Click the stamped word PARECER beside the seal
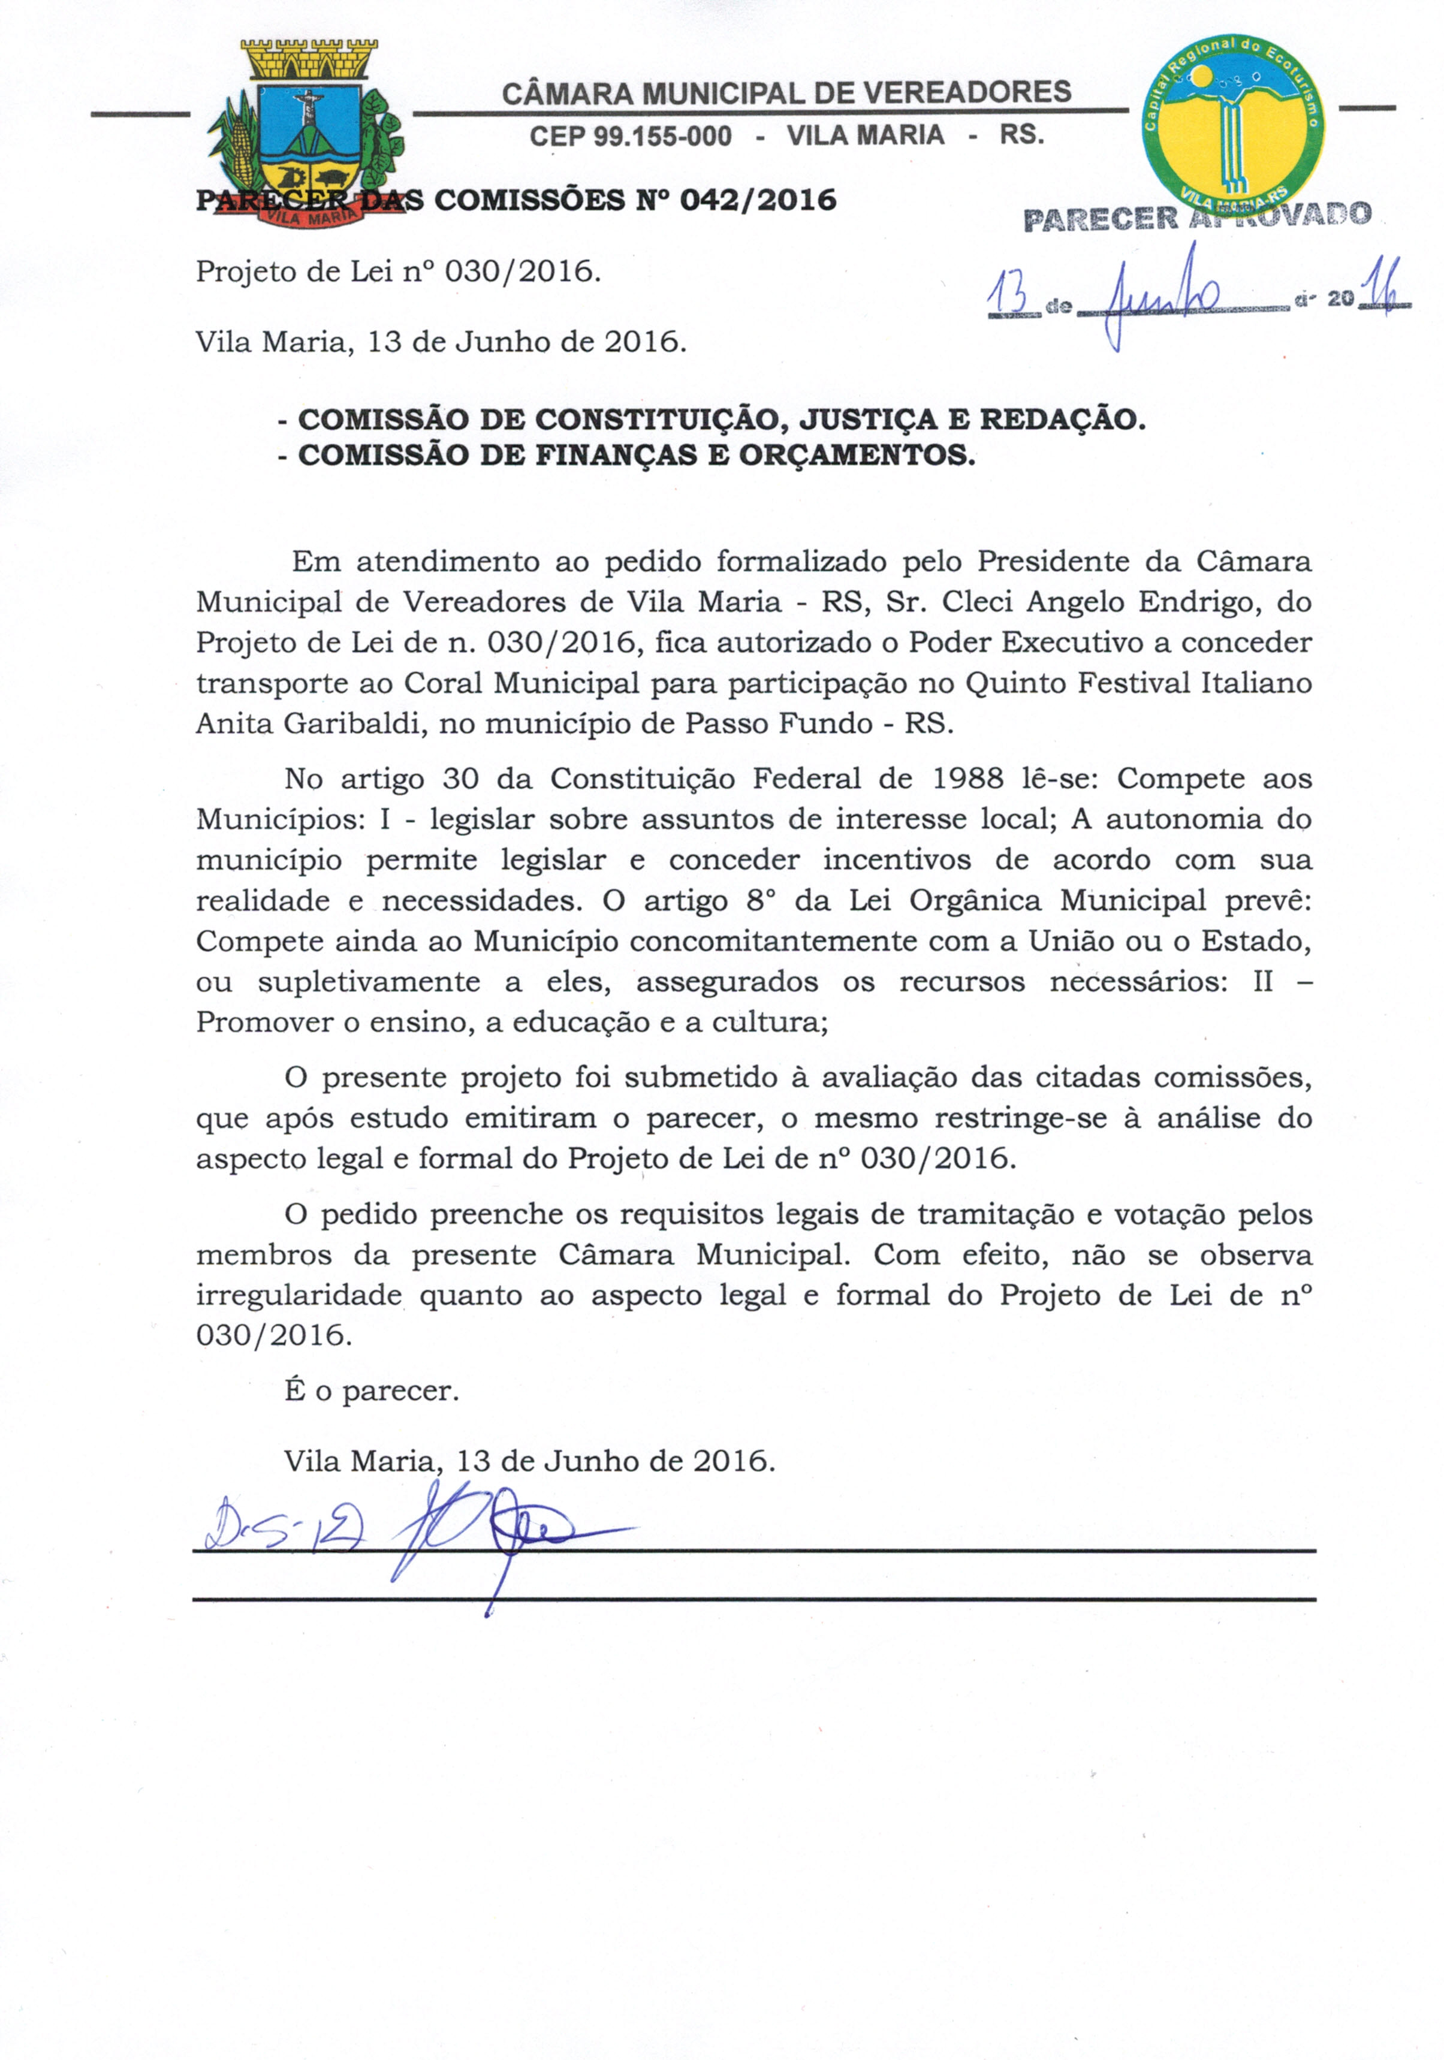(1099, 219)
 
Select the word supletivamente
(369, 982)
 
